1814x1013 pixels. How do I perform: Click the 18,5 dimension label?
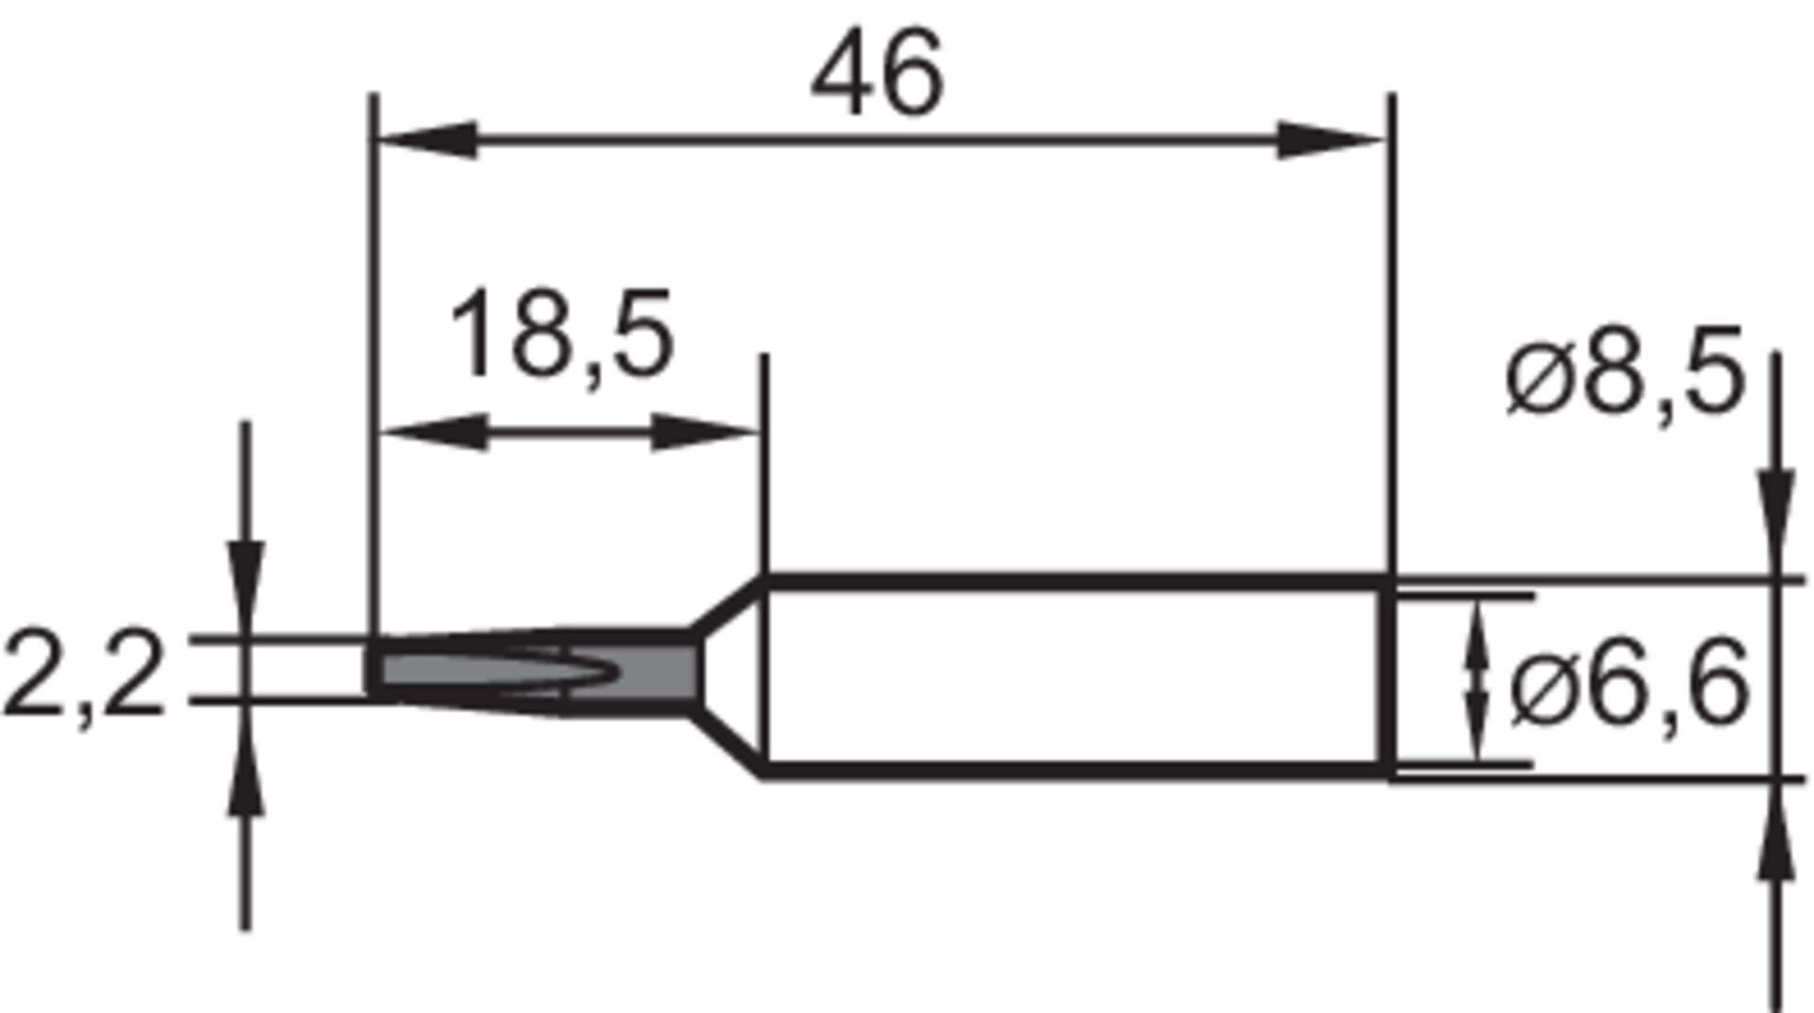(x=561, y=335)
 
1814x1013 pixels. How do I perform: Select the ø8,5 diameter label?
(x=1623, y=372)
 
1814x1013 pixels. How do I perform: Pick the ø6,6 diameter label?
(x=1629, y=681)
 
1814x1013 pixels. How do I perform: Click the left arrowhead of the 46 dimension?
(x=425, y=140)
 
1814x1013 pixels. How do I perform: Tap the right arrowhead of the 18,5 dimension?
(x=705, y=432)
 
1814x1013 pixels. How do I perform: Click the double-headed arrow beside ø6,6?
(x=1476, y=680)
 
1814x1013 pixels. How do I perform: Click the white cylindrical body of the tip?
(x=1068, y=676)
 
